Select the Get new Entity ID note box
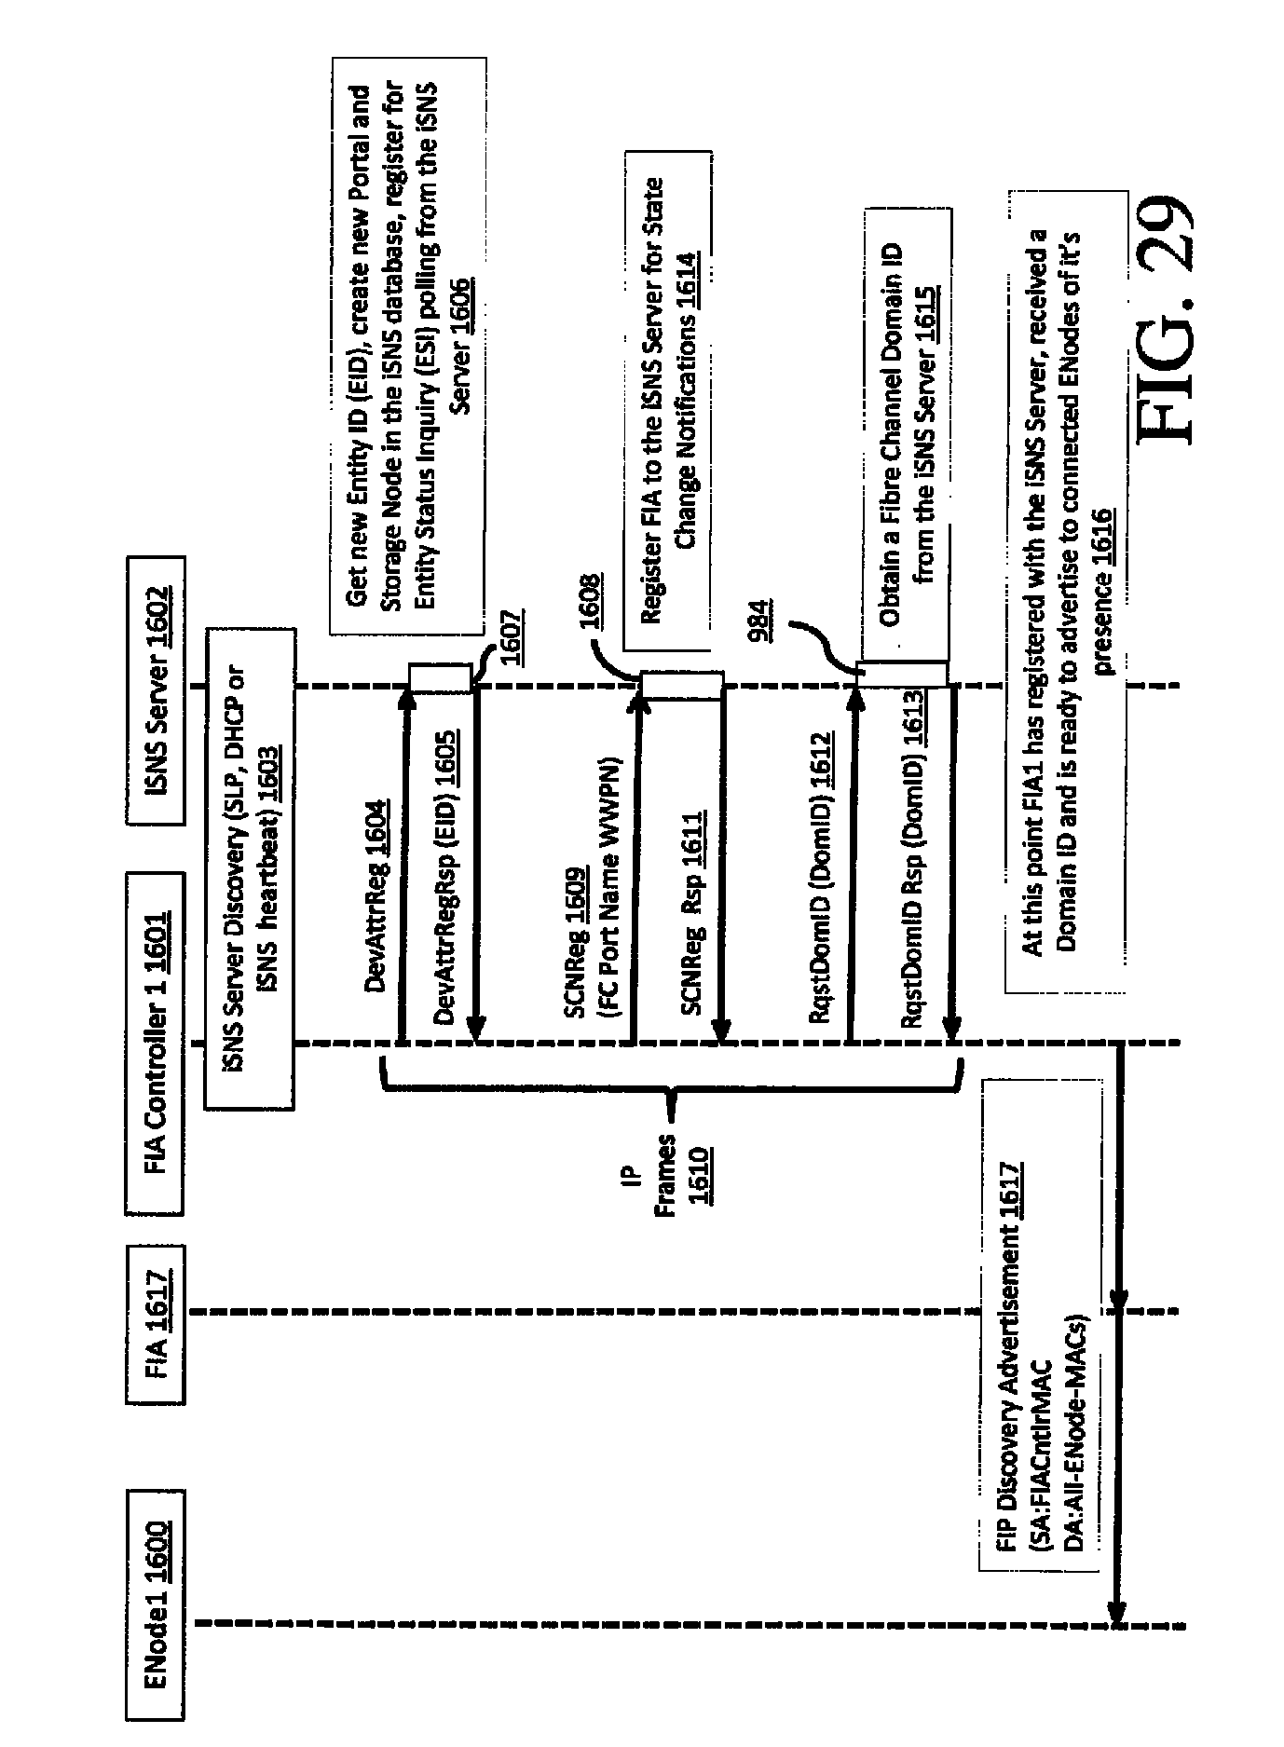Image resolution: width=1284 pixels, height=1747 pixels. click(408, 346)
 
